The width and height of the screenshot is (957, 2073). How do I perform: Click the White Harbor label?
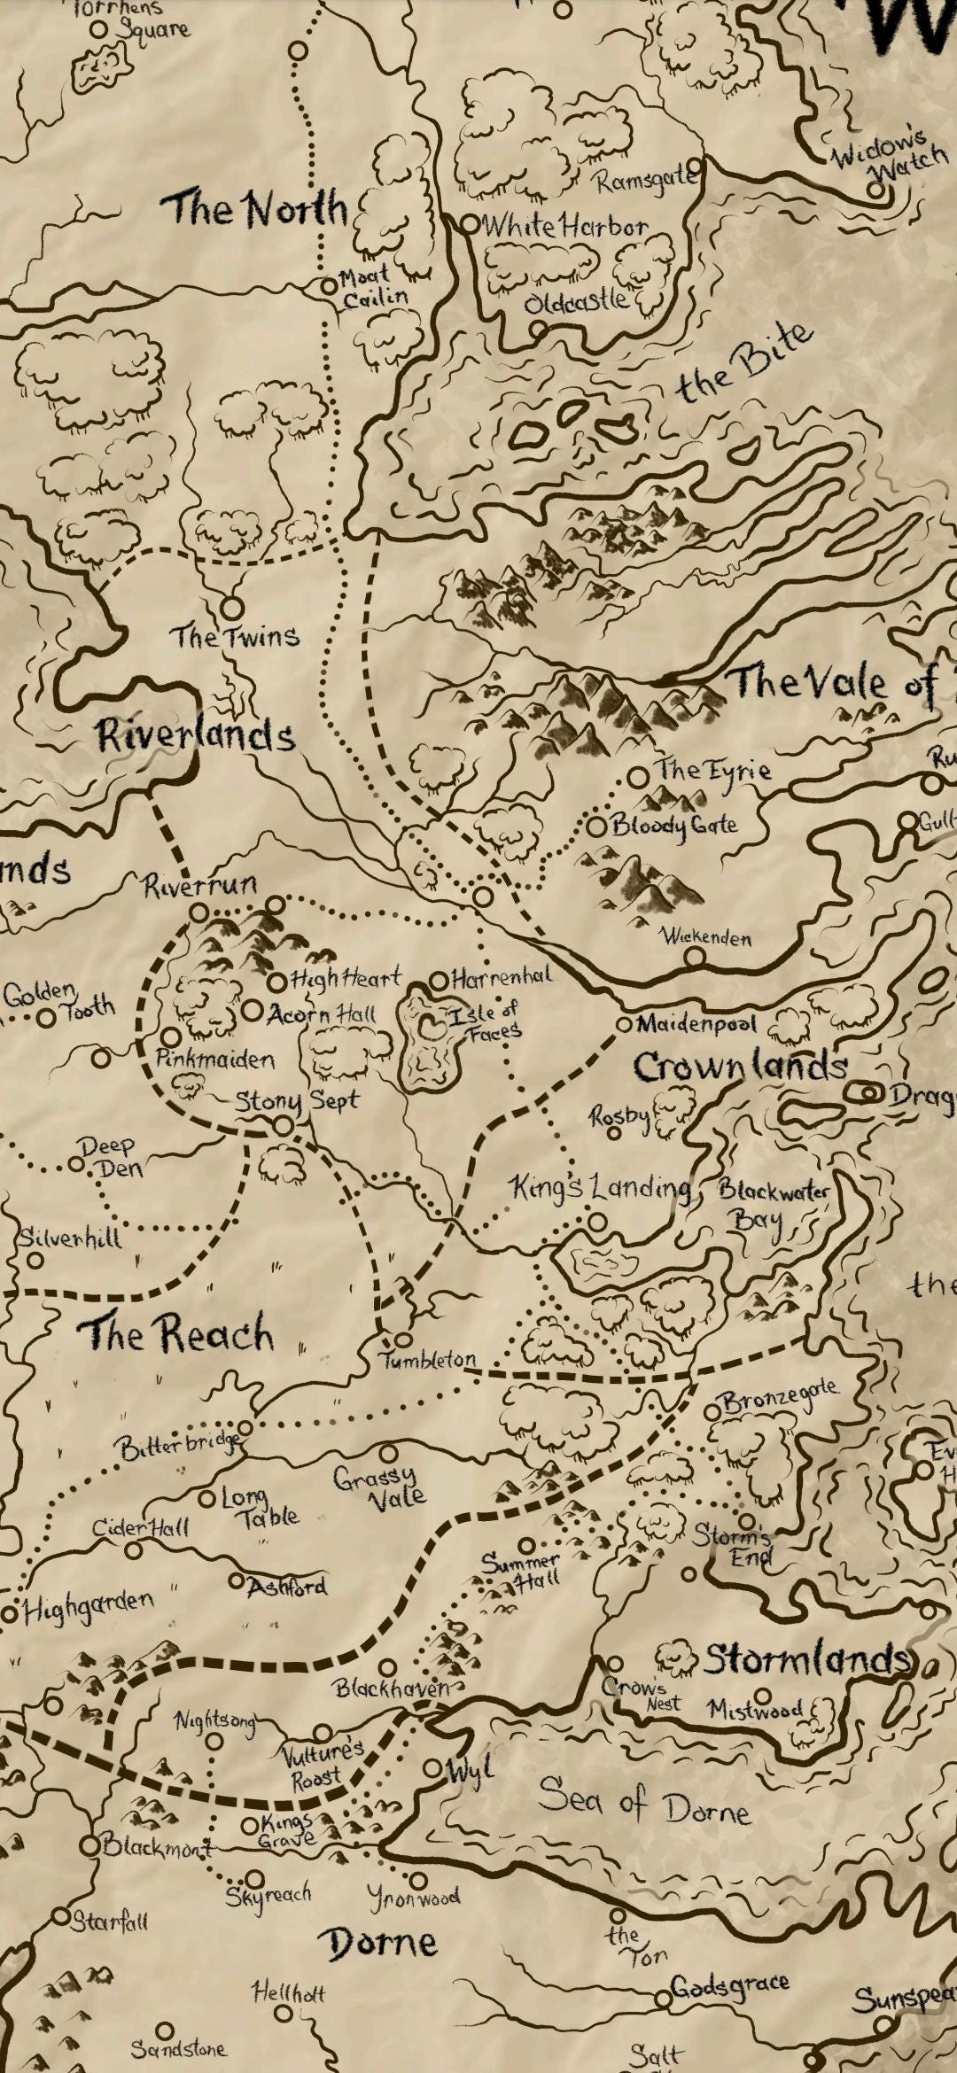(x=564, y=227)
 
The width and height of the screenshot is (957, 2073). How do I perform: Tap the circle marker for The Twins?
(x=231, y=608)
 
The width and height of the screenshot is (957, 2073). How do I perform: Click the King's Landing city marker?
(x=598, y=1223)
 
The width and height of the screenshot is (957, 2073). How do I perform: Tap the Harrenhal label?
(x=501, y=978)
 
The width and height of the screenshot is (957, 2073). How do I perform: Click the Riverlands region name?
(x=195, y=735)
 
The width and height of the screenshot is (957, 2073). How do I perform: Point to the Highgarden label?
(x=88, y=1606)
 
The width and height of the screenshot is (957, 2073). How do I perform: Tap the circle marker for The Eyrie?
(x=637, y=777)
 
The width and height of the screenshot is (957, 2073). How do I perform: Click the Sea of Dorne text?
(x=644, y=1802)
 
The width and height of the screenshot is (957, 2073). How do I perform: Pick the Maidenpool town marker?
(x=624, y=1024)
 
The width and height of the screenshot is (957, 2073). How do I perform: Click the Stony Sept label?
(x=297, y=1102)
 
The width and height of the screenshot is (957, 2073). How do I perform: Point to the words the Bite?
(x=744, y=362)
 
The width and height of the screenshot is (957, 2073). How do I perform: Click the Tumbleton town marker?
(x=403, y=1339)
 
